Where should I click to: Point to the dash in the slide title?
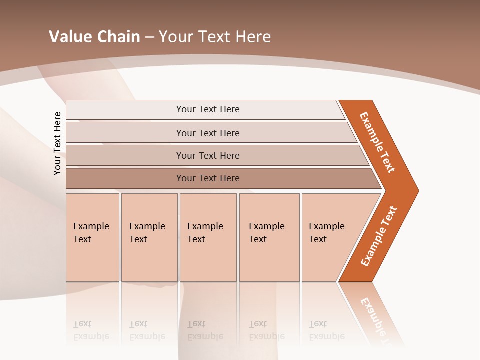click(x=149, y=37)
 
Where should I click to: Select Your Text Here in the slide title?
click(x=215, y=37)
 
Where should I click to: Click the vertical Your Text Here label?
click(x=58, y=143)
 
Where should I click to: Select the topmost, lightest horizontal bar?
click(x=207, y=109)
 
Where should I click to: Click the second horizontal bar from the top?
click(x=207, y=133)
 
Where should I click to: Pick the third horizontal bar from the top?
click(x=207, y=155)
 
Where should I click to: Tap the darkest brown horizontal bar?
click(x=207, y=178)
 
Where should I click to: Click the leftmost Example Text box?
click(x=92, y=237)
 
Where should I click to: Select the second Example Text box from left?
click(x=149, y=237)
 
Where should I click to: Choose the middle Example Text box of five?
click(x=208, y=237)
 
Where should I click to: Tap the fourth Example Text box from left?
click(x=269, y=237)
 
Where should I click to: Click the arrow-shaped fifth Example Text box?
click(x=330, y=237)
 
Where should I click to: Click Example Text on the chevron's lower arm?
click(x=378, y=236)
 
